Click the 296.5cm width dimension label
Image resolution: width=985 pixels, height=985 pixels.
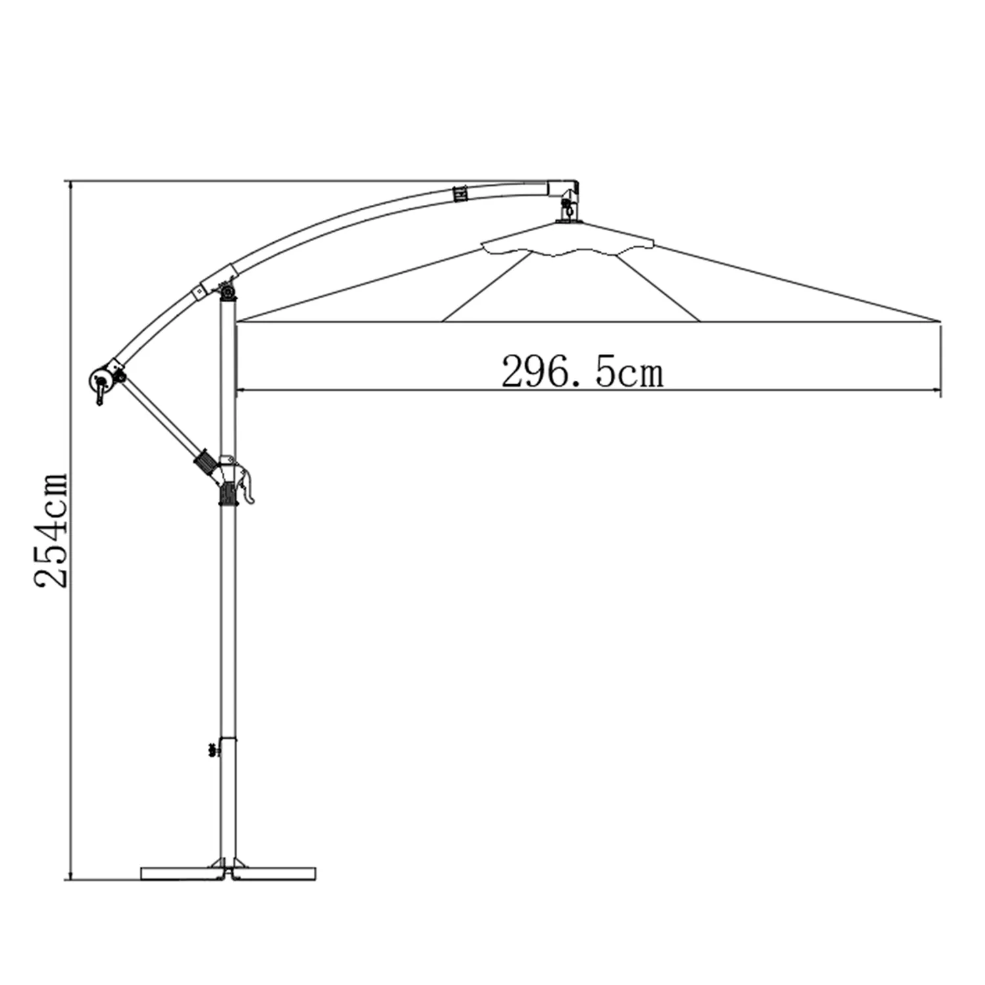(x=582, y=372)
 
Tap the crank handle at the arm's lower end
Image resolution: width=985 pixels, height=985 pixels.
(x=99, y=387)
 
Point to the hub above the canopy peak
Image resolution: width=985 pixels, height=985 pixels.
(x=569, y=208)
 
